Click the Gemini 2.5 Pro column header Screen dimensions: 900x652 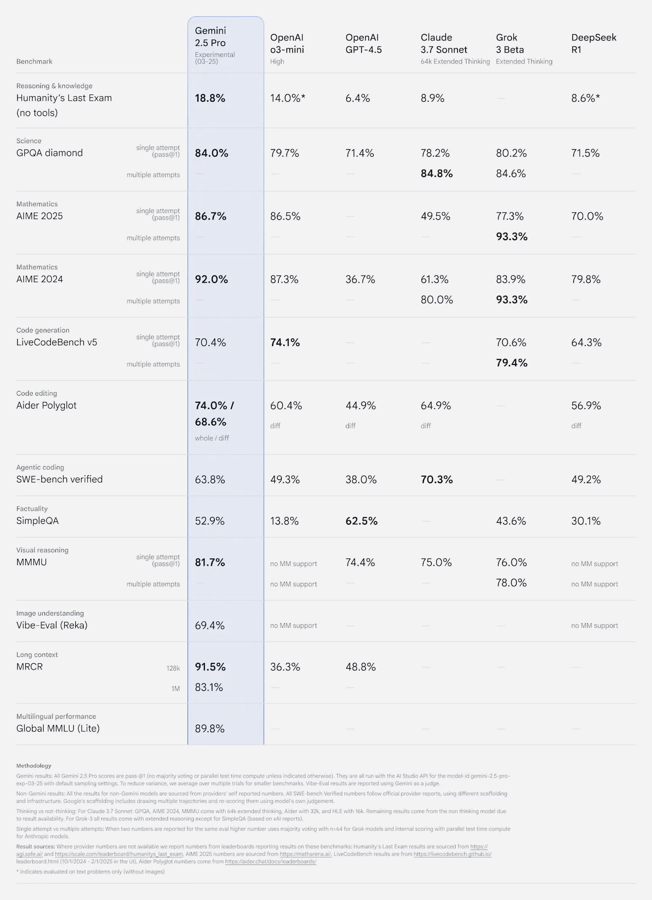(210, 37)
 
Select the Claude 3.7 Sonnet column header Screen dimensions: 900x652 (444, 44)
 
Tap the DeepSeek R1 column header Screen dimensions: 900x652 (593, 44)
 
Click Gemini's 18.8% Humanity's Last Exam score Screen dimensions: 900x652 (210, 98)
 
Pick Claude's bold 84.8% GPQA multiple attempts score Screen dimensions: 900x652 (436, 174)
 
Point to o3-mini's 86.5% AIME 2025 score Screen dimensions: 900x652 (285, 216)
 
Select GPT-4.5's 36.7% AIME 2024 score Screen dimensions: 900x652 (360, 279)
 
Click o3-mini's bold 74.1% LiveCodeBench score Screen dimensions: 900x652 (285, 342)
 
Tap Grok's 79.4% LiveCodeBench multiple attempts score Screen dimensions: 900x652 (512, 363)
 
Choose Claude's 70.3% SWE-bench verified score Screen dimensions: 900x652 (436, 480)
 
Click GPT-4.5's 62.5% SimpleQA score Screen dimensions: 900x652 (361, 521)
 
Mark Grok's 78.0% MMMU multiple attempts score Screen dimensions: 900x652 (511, 583)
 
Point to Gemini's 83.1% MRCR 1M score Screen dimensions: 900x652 (209, 687)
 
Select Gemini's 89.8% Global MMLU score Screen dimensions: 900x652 (209, 729)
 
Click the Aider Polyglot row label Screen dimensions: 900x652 (46, 405)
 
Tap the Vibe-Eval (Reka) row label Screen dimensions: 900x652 (52, 625)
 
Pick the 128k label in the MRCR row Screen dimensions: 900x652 (173, 668)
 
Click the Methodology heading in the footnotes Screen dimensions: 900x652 (34, 765)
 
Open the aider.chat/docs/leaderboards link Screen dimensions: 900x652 (270, 861)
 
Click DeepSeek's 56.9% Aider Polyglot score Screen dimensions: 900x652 (586, 405)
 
